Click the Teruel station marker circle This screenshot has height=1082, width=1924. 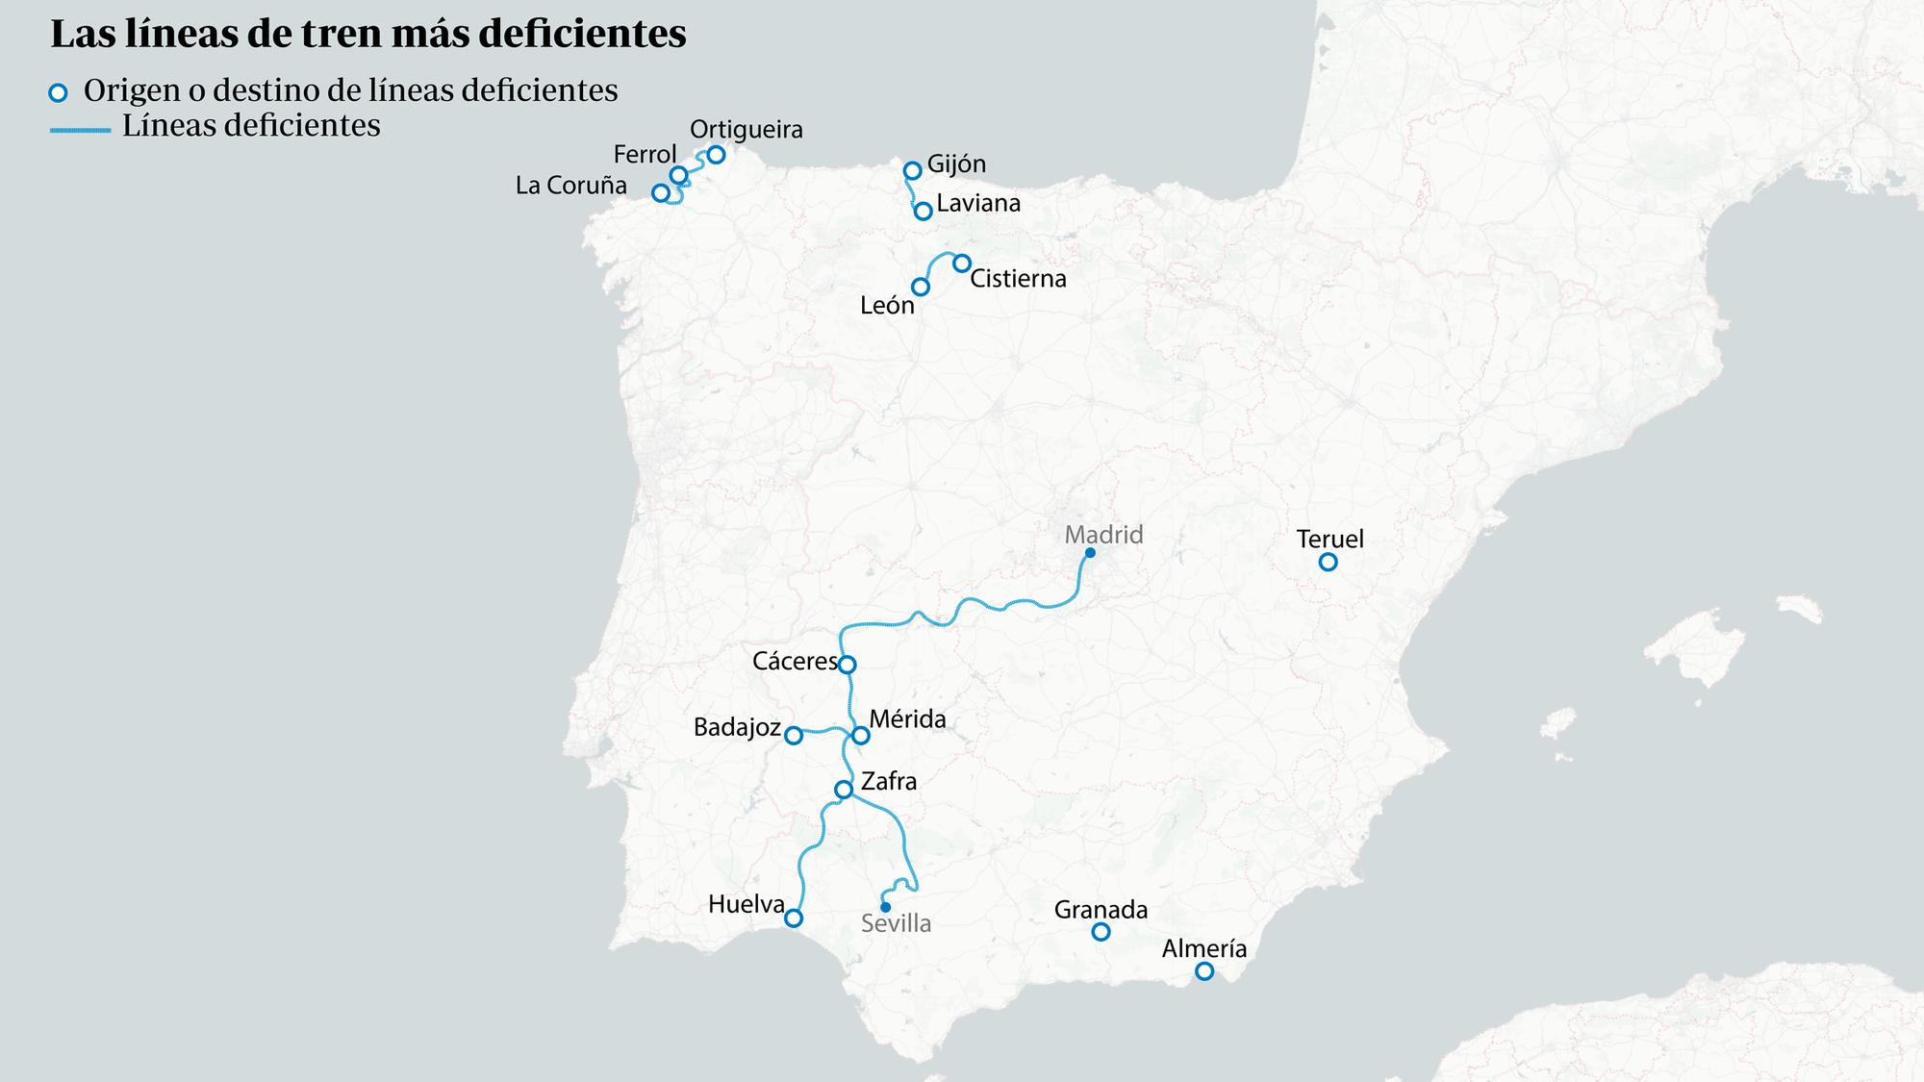pyautogui.click(x=1328, y=562)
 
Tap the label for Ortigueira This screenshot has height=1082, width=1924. pyautogui.click(x=746, y=130)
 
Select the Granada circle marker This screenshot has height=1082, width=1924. pyautogui.click(x=1101, y=932)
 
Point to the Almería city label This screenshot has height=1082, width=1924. pyautogui.click(x=1203, y=949)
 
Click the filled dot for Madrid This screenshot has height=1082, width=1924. pyautogui.click(x=1090, y=553)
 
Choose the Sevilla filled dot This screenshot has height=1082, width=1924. pyautogui.click(x=885, y=907)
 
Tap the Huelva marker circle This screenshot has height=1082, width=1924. pyautogui.click(x=794, y=918)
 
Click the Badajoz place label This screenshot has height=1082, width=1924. pyautogui.click(x=737, y=727)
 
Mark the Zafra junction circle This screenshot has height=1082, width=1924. pyautogui.click(x=844, y=790)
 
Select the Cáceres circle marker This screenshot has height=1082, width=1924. pyautogui.click(x=848, y=665)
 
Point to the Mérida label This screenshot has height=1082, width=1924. pyautogui.click(x=907, y=719)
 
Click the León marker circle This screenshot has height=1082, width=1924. pyautogui.click(x=921, y=287)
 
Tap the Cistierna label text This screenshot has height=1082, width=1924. pyautogui.click(x=1018, y=279)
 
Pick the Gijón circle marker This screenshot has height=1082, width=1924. pyautogui.click(x=913, y=171)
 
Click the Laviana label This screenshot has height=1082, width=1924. pyautogui.click(x=978, y=204)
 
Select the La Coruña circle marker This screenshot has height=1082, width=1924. pyautogui.click(x=661, y=193)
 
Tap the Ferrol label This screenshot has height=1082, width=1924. pyautogui.click(x=645, y=155)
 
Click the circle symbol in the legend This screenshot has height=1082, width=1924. pyautogui.click(x=59, y=93)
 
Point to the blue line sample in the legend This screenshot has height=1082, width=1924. pyautogui.click(x=81, y=129)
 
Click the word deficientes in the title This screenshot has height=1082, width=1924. pyautogui.click(x=582, y=34)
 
